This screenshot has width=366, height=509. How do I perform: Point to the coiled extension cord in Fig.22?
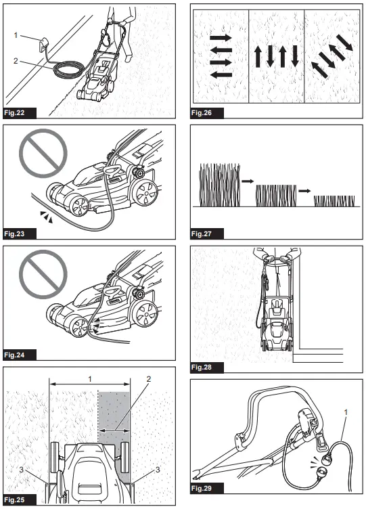point(68,70)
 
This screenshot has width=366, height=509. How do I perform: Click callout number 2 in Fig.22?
point(16,61)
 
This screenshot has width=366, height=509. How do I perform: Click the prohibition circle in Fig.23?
point(43,153)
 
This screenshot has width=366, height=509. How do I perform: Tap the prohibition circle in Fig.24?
point(43,274)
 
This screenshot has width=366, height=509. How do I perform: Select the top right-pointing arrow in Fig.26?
point(221,38)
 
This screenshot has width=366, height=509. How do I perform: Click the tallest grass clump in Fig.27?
point(220,185)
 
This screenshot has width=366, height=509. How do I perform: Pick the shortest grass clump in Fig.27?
point(334,201)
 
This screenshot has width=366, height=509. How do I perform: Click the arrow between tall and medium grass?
point(248,181)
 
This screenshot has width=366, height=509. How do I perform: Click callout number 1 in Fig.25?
point(90,379)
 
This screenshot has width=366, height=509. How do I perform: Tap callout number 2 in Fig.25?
point(149,379)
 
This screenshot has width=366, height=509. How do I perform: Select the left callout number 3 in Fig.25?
point(22,469)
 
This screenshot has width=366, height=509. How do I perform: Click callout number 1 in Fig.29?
point(346,412)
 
